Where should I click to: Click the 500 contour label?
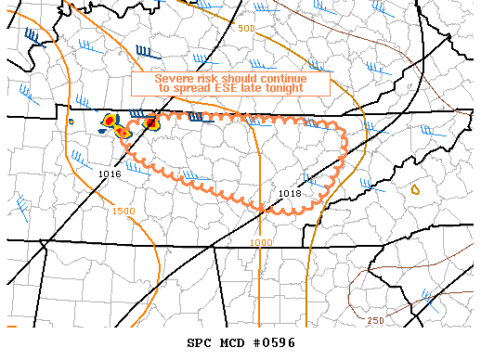tap(245, 29)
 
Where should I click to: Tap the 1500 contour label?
tap(123, 212)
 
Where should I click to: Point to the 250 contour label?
tap(375, 320)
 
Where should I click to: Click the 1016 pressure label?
tap(109, 174)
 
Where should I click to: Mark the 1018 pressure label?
tap(290, 193)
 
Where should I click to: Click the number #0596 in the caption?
tap(272, 343)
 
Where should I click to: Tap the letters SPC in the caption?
tap(200, 343)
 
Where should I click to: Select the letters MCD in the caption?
tap(232, 343)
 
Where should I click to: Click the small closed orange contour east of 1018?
tap(415, 189)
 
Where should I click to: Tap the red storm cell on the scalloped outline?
tap(150, 122)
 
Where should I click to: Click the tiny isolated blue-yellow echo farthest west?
tap(71, 122)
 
